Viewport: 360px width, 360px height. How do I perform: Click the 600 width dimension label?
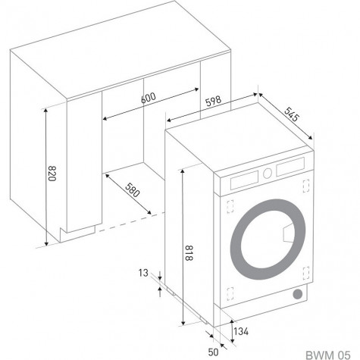click(x=149, y=98)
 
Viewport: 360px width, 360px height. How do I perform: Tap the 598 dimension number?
click(x=213, y=101)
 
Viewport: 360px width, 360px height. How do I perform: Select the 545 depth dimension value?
click(x=291, y=114)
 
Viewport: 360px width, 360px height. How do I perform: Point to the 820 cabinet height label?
click(x=52, y=174)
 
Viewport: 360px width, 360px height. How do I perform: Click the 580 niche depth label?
click(x=132, y=189)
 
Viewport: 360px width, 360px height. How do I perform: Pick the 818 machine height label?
click(x=189, y=252)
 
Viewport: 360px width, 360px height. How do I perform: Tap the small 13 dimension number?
click(x=143, y=273)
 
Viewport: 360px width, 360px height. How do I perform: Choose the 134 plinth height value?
click(x=241, y=331)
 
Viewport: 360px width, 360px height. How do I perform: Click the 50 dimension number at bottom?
click(x=213, y=352)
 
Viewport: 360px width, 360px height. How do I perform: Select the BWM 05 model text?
click(x=328, y=355)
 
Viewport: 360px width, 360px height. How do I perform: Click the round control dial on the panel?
click(x=267, y=173)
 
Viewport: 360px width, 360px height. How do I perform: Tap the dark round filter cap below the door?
click(x=297, y=294)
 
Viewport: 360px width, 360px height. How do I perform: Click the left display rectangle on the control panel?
click(x=244, y=180)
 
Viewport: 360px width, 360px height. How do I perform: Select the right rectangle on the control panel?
click(x=290, y=167)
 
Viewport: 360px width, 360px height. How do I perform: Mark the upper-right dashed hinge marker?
click(x=306, y=186)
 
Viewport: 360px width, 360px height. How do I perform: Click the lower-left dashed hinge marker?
click(x=230, y=294)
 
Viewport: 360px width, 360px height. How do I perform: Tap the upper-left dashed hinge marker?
click(x=230, y=206)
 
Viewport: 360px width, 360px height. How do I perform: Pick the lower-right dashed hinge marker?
click(x=306, y=273)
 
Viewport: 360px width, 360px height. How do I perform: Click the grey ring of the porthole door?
click(x=236, y=240)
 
